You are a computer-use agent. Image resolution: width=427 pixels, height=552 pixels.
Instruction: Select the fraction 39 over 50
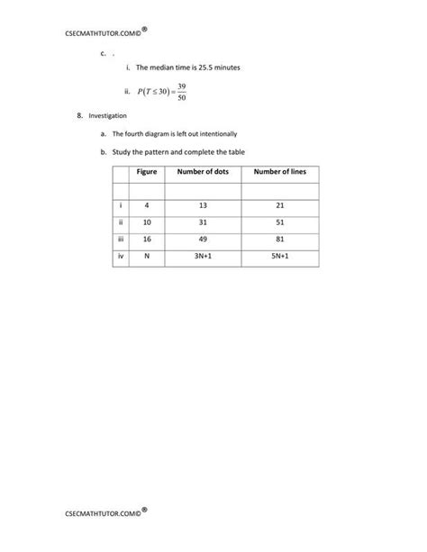coord(181,92)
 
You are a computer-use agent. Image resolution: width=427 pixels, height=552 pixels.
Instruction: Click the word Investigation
coord(107,116)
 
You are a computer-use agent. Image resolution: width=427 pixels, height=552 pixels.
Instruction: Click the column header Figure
coord(147,172)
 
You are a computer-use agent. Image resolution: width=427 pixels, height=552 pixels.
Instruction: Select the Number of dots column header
coord(203,172)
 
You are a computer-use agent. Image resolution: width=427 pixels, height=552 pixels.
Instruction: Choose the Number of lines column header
coord(279,172)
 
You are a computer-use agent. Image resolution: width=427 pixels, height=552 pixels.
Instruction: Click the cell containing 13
coord(203,206)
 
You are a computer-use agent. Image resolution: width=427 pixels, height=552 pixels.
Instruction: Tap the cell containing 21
coord(279,206)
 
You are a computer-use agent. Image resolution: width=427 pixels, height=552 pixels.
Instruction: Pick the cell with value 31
coord(203,222)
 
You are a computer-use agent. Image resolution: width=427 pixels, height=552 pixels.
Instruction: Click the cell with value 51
coord(279,222)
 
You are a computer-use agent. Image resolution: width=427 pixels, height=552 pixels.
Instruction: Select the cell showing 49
coord(203,240)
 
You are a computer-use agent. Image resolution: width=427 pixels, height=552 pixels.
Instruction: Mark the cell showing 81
coord(279,240)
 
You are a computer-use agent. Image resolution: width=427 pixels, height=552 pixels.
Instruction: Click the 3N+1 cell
coord(203,257)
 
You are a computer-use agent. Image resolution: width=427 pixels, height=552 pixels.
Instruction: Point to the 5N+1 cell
coord(279,257)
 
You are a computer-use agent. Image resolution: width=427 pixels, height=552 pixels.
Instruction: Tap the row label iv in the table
coord(120,257)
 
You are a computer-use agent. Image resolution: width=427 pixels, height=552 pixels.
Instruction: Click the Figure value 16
coord(147,240)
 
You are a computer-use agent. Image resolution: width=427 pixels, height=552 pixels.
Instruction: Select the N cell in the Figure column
coord(147,257)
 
